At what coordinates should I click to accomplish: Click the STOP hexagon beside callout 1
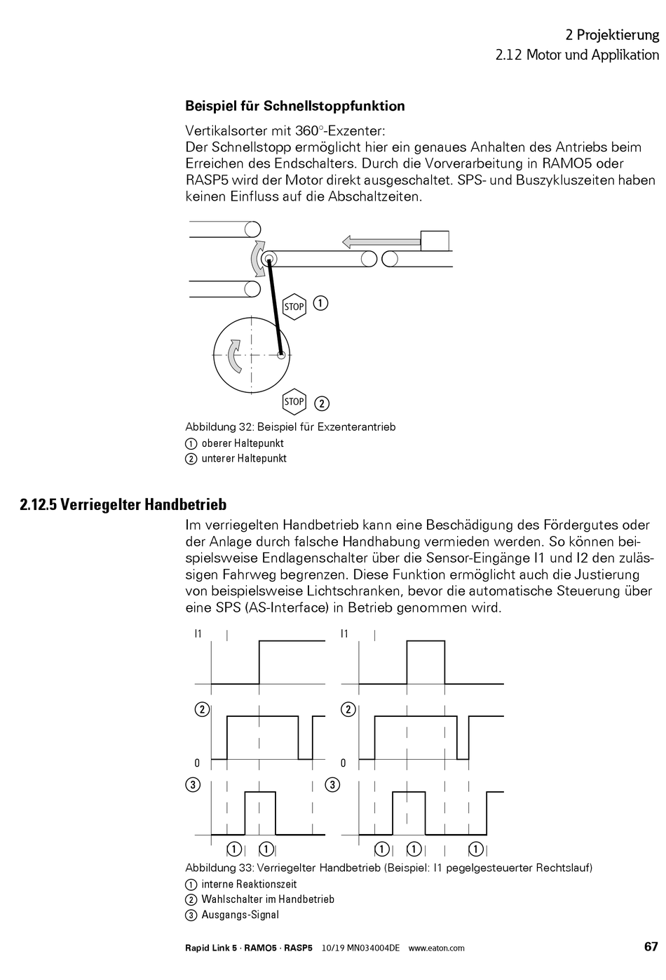(x=294, y=307)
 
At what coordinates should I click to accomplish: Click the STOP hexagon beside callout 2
(x=294, y=402)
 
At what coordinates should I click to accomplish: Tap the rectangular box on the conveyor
(x=434, y=240)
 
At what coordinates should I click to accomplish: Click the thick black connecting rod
(x=275, y=308)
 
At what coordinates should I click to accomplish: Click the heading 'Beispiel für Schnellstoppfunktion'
(x=294, y=107)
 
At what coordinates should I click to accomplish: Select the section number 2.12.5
(x=38, y=505)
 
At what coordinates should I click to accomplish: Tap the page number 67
(x=651, y=946)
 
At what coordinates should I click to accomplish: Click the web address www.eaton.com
(x=436, y=948)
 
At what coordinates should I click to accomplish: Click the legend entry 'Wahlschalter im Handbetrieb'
(x=268, y=899)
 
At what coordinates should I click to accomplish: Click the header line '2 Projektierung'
(x=612, y=35)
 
